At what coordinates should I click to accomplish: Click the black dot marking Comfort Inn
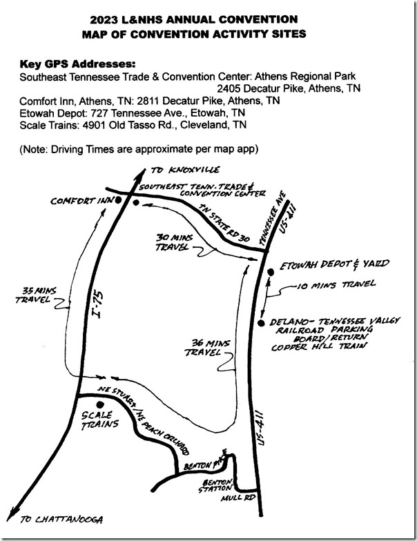click(x=118, y=200)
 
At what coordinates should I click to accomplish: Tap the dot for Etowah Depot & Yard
click(x=271, y=273)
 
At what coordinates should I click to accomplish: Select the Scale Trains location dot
click(x=101, y=404)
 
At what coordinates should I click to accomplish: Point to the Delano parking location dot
click(x=261, y=323)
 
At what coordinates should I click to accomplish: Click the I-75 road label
click(x=98, y=305)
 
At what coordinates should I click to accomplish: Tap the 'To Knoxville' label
click(x=185, y=170)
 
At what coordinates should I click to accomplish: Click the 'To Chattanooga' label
click(x=61, y=519)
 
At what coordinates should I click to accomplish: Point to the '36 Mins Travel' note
click(x=207, y=348)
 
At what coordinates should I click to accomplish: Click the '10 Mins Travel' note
click(x=336, y=284)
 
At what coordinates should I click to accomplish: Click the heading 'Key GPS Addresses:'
click(x=77, y=65)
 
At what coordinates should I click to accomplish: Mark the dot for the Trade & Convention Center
click(x=136, y=203)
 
